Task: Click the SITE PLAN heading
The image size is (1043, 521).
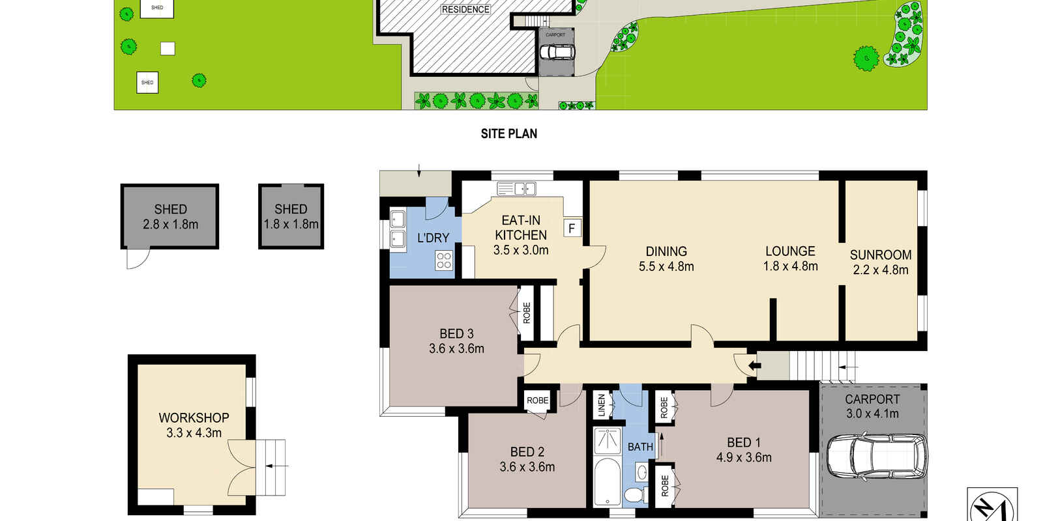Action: pos(509,134)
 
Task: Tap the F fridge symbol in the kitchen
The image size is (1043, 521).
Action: pos(572,228)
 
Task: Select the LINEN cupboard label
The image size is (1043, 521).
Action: pos(601,404)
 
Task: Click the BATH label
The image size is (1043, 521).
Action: pos(640,447)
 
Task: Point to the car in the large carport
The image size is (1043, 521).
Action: pos(877,457)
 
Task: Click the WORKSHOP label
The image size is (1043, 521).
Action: pos(194,417)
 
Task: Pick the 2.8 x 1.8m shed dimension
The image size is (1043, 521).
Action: pos(170,225)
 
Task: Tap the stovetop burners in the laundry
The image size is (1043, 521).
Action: pos(444,260)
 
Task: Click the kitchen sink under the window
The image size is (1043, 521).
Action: pos(516,188)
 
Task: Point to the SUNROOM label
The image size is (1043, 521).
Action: pos(881,255)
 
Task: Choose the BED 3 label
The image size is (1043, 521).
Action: pos(456,333)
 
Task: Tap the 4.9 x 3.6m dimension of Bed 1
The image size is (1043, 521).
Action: pos(744,458)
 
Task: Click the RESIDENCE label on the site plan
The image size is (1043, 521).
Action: pos(465,9)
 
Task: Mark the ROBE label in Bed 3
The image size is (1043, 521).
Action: pos(527,313)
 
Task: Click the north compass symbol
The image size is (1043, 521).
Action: pos(992,506)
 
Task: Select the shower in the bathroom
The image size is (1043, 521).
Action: pos(608,440)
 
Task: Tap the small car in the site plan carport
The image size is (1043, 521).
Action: pos(557,52)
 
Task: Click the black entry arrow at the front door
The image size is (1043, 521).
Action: pos(754,365)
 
